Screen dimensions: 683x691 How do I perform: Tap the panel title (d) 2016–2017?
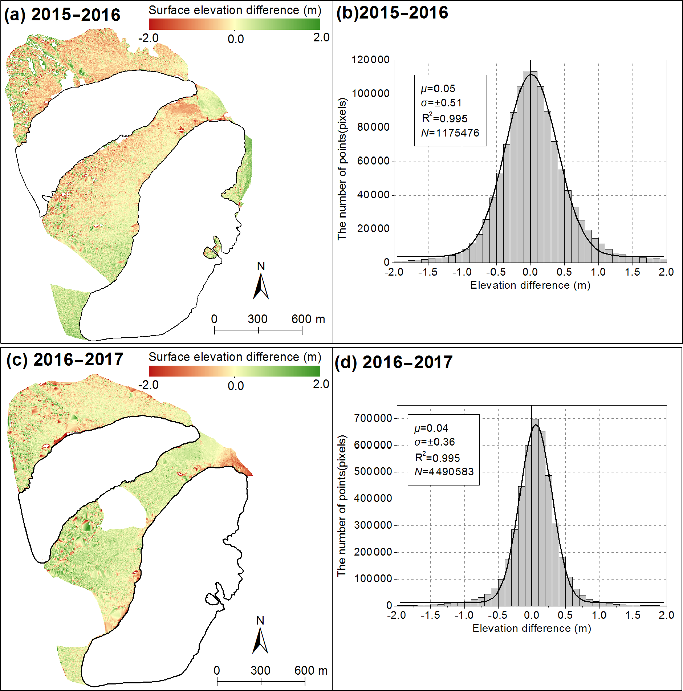(x=394, y=362)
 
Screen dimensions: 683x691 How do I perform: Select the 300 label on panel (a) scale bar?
(x=258, y=319)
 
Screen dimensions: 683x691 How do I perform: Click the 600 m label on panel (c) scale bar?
(x=311, y=670)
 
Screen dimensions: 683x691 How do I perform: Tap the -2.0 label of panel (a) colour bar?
(x=149, y=38)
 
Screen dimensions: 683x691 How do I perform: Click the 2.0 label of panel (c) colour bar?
(x=321, y=384)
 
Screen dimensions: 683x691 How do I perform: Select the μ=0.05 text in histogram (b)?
(x=438, y=89)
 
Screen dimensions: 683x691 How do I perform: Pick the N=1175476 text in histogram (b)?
(x=450, y=133)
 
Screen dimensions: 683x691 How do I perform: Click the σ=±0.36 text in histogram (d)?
(x=435, y=442)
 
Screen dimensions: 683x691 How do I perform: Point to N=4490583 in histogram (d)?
(x=444, y=472)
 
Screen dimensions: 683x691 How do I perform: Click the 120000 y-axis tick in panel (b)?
(x=370, y=60)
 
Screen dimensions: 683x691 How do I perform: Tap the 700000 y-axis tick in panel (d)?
(x=373, y=418)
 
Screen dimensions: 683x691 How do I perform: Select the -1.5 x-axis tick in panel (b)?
(x=428, y=272)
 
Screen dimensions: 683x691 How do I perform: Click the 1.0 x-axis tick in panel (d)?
(x=599, y=615)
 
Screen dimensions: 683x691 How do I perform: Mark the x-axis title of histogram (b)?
(x=530, y=285)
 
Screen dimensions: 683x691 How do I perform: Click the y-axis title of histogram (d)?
(x=342, y=505)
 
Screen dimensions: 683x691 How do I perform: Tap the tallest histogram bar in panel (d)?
(x=535, y=512)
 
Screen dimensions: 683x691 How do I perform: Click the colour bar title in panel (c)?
(x=235, y=357)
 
